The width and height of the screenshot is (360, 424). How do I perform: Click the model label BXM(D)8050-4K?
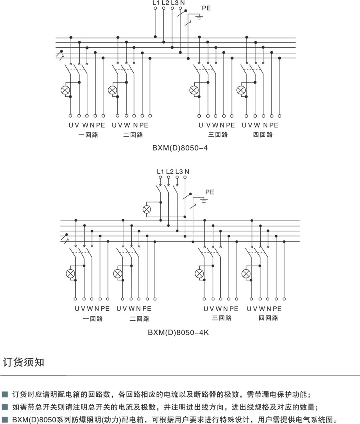178,332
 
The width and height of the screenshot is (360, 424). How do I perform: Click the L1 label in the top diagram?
156,3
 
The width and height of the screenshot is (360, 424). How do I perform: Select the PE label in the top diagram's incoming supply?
207,8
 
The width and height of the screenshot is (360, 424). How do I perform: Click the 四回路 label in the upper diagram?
263,135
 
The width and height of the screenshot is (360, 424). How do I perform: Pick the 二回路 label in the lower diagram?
140,319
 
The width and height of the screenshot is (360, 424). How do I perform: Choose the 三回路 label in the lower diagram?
222,318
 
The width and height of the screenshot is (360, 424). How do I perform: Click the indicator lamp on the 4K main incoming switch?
147,209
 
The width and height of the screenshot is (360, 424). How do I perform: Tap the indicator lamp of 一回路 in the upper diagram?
65,90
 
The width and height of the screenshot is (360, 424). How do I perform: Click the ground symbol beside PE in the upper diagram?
199,17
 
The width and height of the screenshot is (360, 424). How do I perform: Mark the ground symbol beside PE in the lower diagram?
204,201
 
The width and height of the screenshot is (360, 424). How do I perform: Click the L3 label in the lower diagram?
179,172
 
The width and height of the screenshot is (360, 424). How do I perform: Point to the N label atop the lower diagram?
187,172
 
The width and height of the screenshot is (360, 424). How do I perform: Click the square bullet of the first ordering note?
5,394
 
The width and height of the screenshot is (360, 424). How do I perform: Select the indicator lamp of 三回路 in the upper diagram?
194,90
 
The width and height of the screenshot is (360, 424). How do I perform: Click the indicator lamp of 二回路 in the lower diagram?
118,274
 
